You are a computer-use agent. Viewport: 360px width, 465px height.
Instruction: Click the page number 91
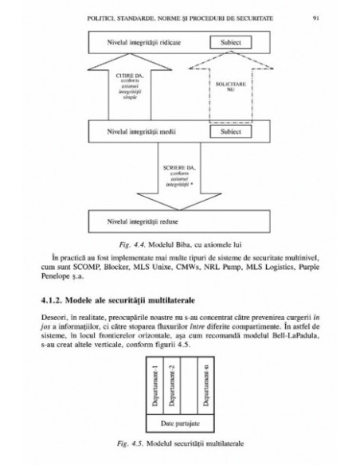tap(316, 15)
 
